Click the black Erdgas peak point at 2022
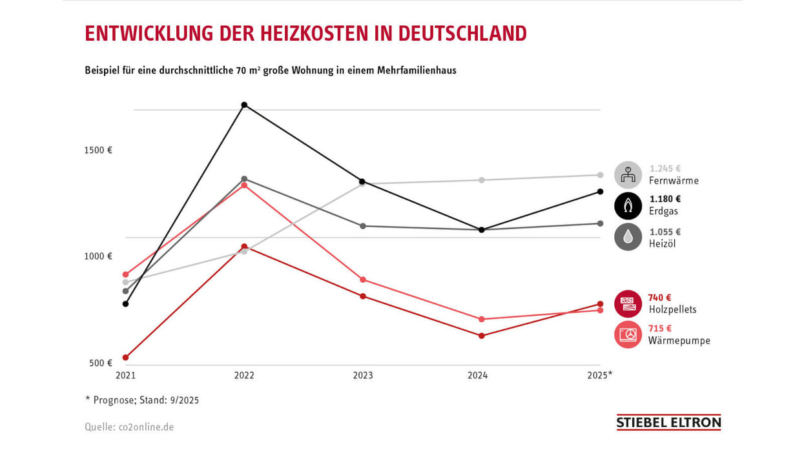(244, 105)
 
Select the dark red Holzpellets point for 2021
(125, 357)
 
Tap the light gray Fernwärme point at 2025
(600, 175)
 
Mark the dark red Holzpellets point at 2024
(482, 336)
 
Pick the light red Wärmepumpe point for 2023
(363, 280)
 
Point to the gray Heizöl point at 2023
(363, 226)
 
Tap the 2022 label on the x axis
(244, 376)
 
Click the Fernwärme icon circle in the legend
(628, 175)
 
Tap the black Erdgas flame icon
(628, 206)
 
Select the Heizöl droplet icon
(628, 237)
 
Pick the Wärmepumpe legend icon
(628, 334)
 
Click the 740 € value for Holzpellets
(659, 298)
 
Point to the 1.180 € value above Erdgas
(665, 200)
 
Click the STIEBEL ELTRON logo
(668, 423)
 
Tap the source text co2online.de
(146, 427)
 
